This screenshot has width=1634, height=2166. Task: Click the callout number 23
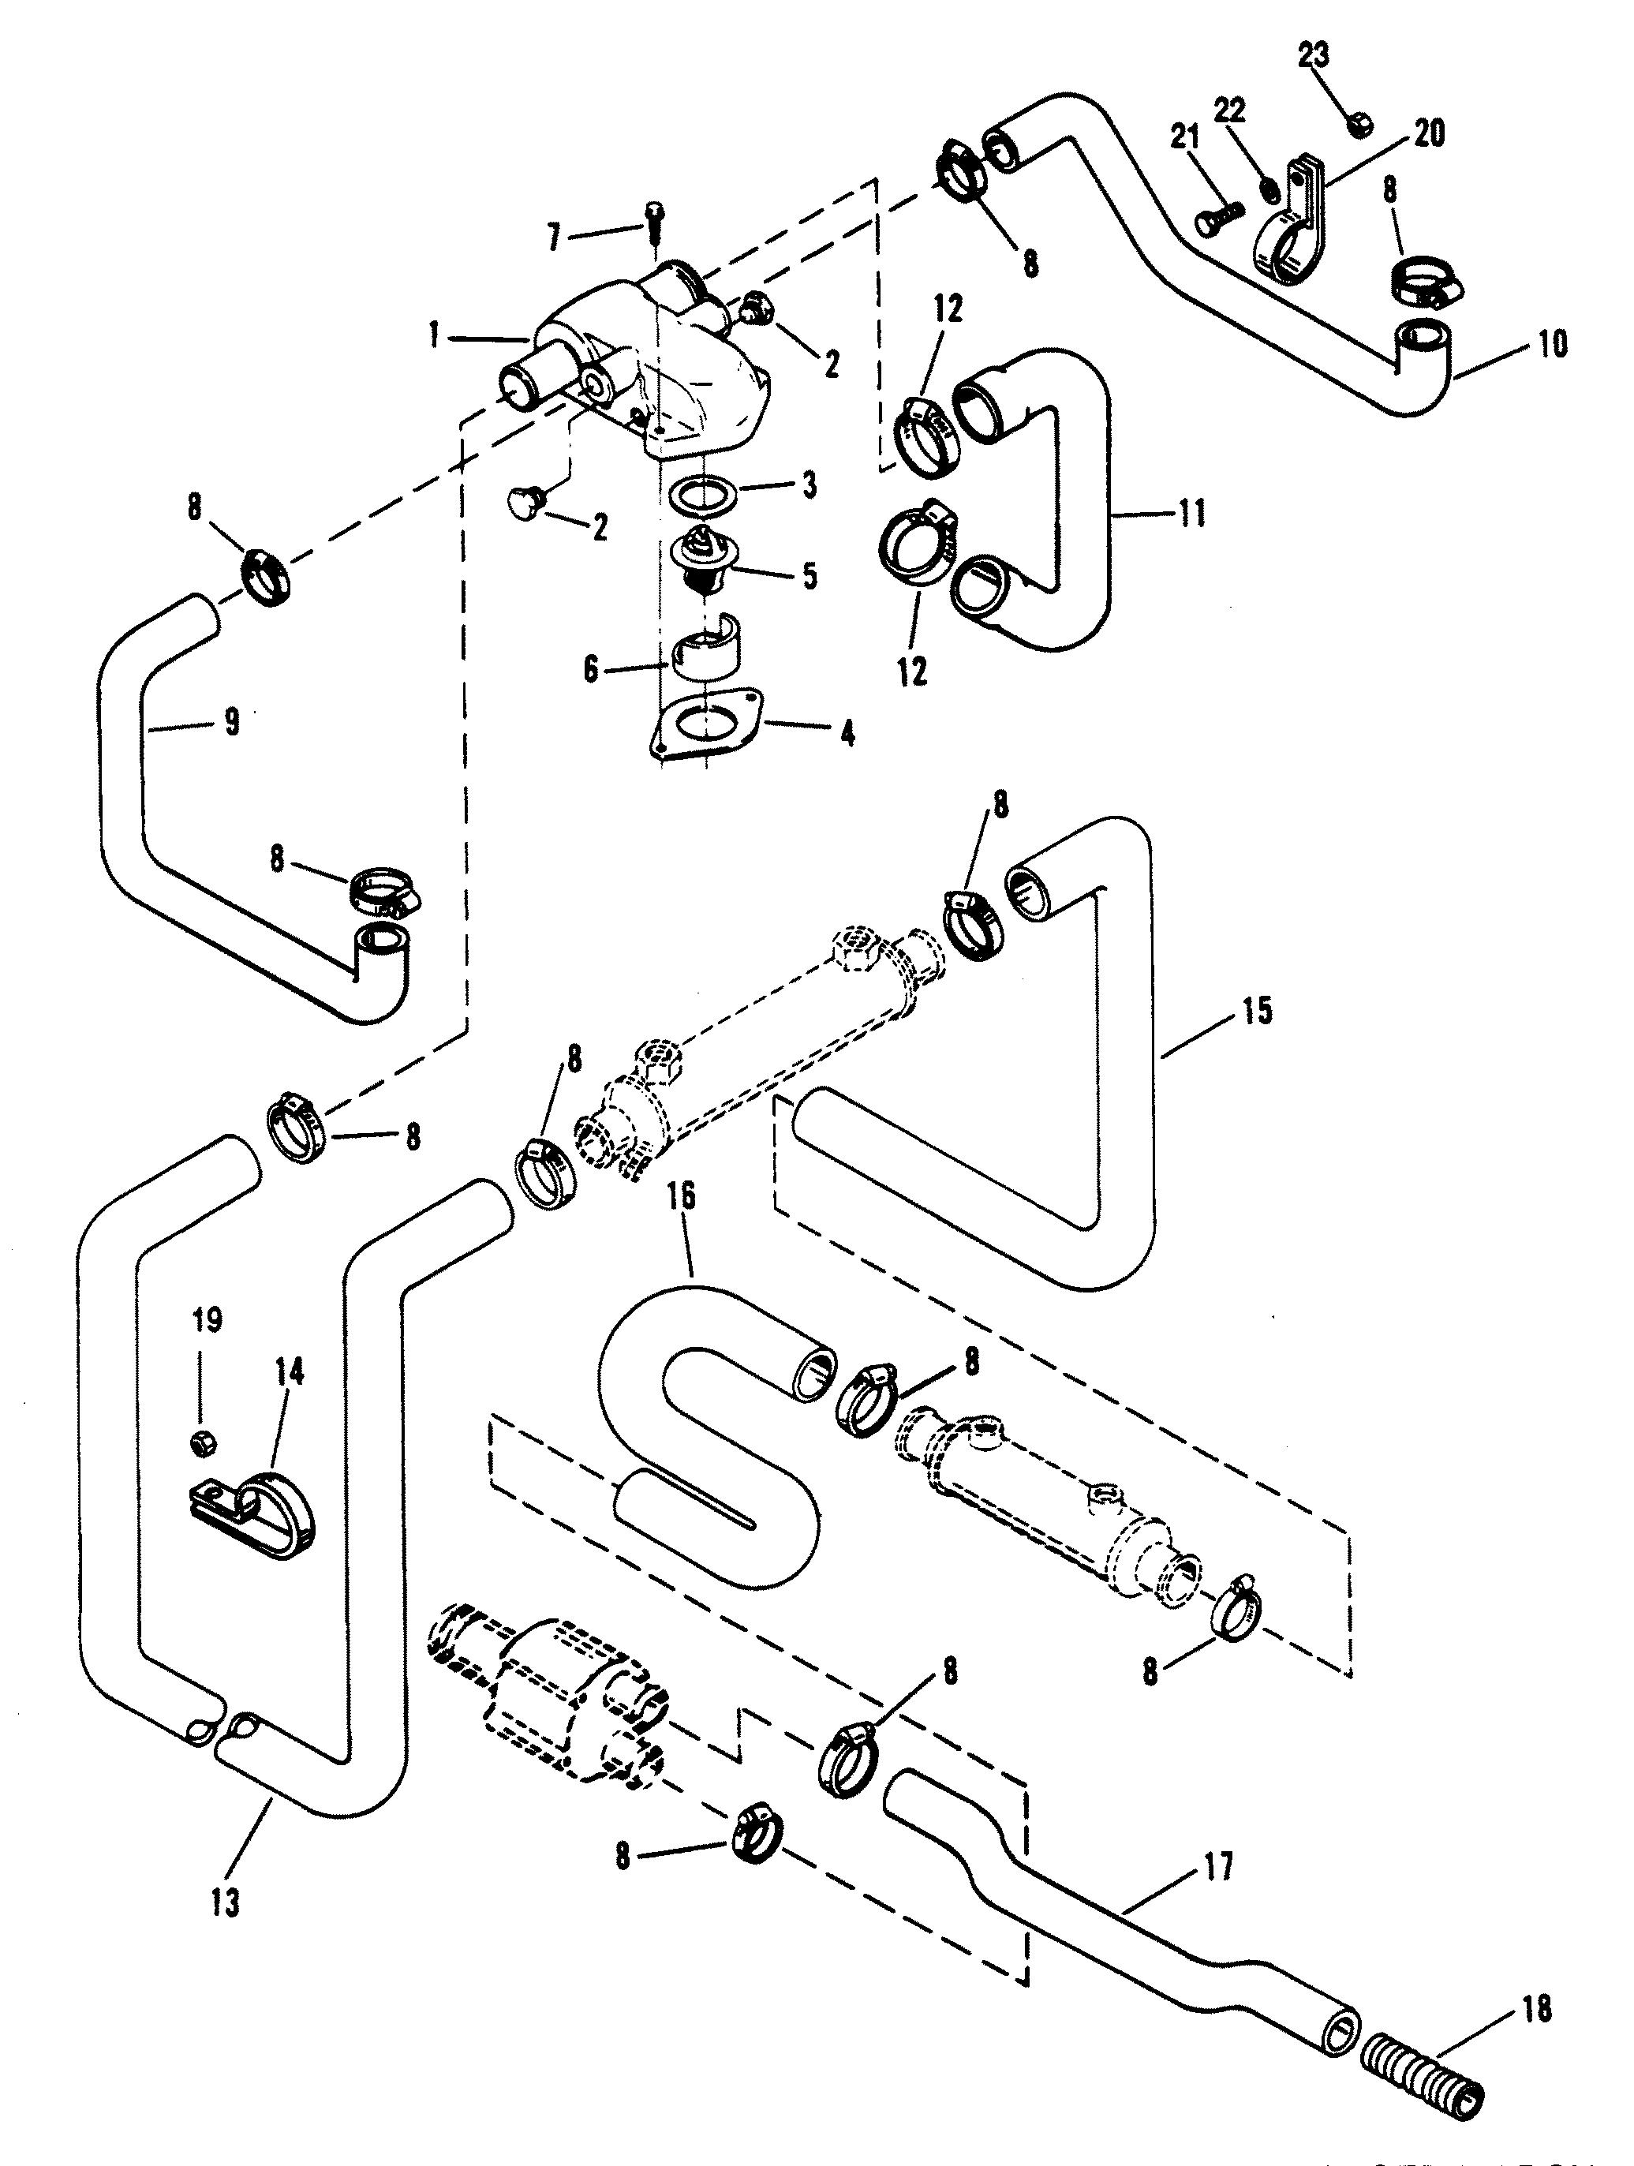[x=1313, y=57]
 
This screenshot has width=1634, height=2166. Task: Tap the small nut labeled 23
[x=1360, y=125]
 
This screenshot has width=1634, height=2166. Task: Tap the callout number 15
[x=1258, y=1011]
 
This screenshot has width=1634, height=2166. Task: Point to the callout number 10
[x=1553, y=345]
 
